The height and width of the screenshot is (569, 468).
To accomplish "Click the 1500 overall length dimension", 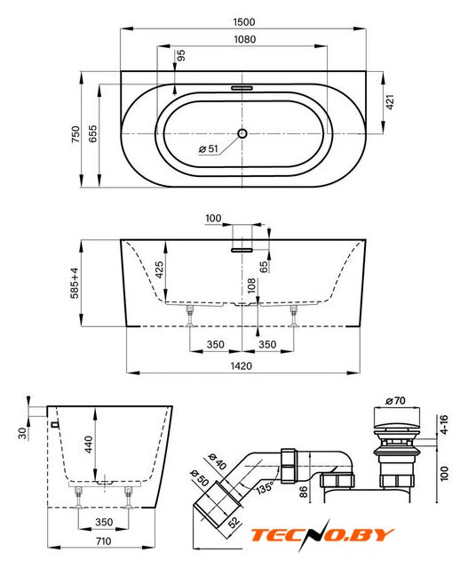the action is coord(244,21).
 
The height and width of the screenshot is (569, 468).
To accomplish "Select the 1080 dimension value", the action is coord(245,39).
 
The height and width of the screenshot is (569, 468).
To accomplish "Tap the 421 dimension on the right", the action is coord(390,102).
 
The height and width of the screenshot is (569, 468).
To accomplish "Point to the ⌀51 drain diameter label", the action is coord(209,148).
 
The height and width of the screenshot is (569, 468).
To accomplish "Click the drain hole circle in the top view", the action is coord(242,133).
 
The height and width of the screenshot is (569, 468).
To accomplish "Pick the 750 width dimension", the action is coord(75,134).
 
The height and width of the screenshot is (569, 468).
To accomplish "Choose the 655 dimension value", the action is coord(93,133).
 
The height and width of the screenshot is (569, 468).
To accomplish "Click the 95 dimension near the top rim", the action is coord(181,55).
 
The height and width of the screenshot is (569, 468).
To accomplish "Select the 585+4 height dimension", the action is coord(75,283).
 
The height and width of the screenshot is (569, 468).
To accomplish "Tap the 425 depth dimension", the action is coord(159,269).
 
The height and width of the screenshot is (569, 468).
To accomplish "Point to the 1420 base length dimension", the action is coord(242,365).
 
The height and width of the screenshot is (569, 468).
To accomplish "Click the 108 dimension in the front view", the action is coord(251,285).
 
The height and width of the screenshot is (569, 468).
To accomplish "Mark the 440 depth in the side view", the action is coord(89,445).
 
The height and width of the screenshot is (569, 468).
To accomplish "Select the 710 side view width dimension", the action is coord(103,541).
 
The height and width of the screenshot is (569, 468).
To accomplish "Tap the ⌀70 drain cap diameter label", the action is coord(395,401).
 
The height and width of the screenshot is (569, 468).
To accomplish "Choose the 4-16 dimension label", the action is coord(444,425).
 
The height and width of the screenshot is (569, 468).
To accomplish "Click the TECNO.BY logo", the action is coord(321,534).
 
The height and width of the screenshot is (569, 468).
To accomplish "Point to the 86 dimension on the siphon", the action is coord(304,492).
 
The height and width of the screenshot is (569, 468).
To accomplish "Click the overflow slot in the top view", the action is coord(242,88).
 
